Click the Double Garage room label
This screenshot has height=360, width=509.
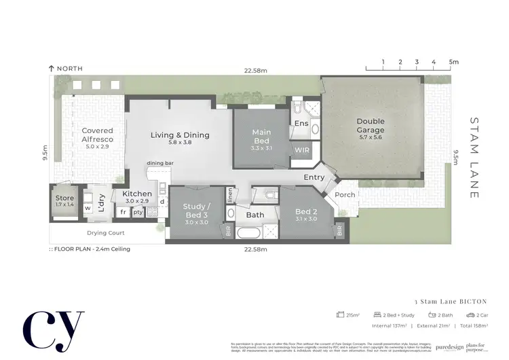coord(371,126)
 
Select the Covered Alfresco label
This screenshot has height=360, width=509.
coord(97,134)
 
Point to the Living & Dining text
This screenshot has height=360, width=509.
coord(180,135)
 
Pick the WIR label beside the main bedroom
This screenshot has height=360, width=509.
coord(301,151)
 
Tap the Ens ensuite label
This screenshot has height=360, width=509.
coord(301,124)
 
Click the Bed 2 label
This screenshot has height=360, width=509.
coord(307,215)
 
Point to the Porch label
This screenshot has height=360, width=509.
coord(345,195)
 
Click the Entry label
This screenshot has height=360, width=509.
coord(314,177)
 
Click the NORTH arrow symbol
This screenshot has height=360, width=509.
coord(51,69)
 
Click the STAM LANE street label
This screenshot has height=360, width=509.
coord(474,158)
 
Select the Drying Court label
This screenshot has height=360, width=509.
coord(105,233)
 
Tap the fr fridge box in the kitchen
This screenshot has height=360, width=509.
coord(124,212)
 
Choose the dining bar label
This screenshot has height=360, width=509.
coord(161,164)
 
